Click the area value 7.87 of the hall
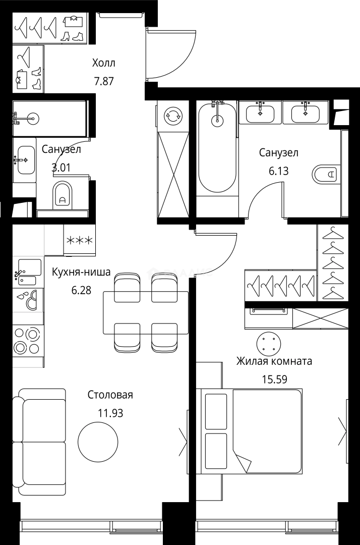104,81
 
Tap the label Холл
104,64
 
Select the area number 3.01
61,167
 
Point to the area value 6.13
278,171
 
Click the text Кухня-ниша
81,272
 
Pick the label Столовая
110,395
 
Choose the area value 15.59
274,378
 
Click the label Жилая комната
274,361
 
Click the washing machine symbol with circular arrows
173,116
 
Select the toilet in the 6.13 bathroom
326,175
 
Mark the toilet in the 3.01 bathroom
62,195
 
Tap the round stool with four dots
268,344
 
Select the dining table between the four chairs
146,313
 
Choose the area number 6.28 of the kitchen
81,290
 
